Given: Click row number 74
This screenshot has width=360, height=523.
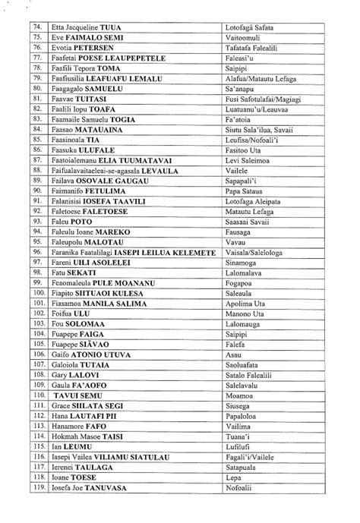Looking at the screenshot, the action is pos(36,26).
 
